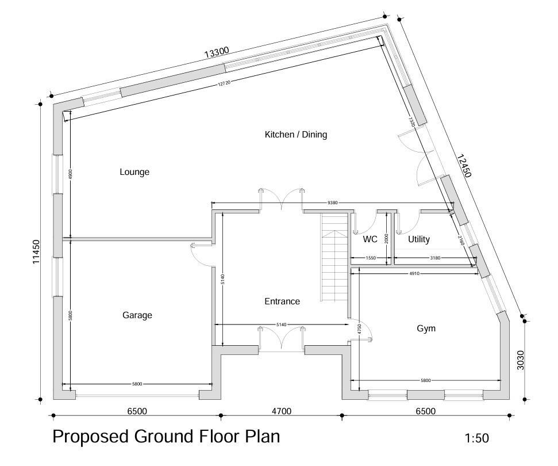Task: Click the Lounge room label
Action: tap(134, 172)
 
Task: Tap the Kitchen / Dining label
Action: tap(295, 135)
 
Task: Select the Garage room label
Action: tap(137, 315)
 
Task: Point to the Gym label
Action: tap(426, 329)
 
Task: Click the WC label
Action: tap(370, 239)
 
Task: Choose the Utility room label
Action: tap(418, 239)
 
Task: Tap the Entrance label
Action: tap(282, 301)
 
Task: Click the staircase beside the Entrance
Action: tap(334, 259)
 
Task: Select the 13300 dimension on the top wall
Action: tap(217, 52)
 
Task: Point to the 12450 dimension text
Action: tap(464, 166)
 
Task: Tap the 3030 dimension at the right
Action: tap(521, 360)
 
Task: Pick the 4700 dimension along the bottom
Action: tap(282, 411)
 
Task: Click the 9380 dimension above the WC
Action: tap(332, 203)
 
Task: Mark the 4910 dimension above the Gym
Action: tap(414, 273)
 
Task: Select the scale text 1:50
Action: tap(476, 438)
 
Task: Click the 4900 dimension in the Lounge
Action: tap(70, 174)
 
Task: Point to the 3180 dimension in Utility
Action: tap(435, 258)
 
